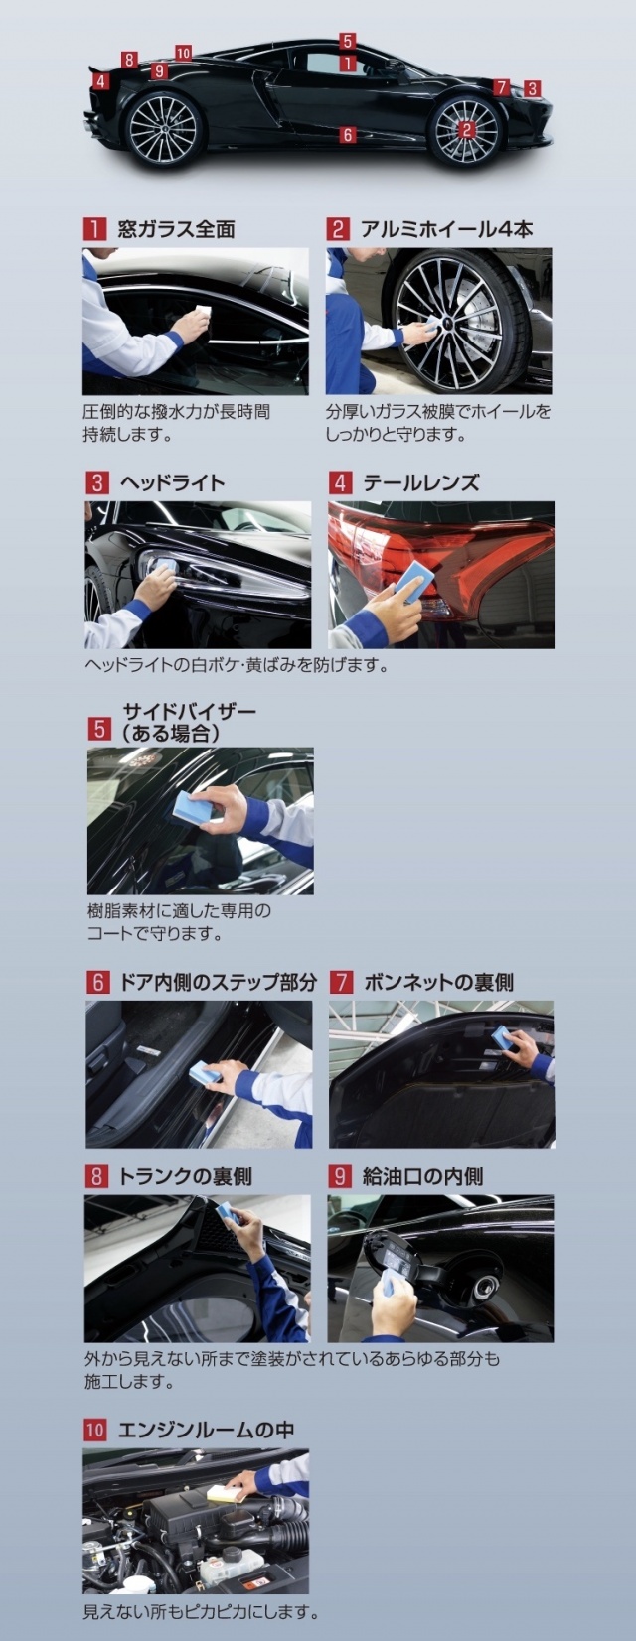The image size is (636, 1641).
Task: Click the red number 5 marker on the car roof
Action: (348, 41)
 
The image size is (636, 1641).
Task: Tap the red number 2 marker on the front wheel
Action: (466, 130)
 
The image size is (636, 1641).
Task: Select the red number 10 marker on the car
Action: (184, 53)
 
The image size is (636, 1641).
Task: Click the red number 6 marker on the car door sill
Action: (348, 135)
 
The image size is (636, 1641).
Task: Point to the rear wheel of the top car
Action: (163, 130)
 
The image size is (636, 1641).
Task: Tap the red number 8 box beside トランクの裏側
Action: (96, 1177)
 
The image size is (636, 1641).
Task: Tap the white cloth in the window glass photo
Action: (203, 312)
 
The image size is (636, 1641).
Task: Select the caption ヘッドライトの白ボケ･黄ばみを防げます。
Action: (237, 665)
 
